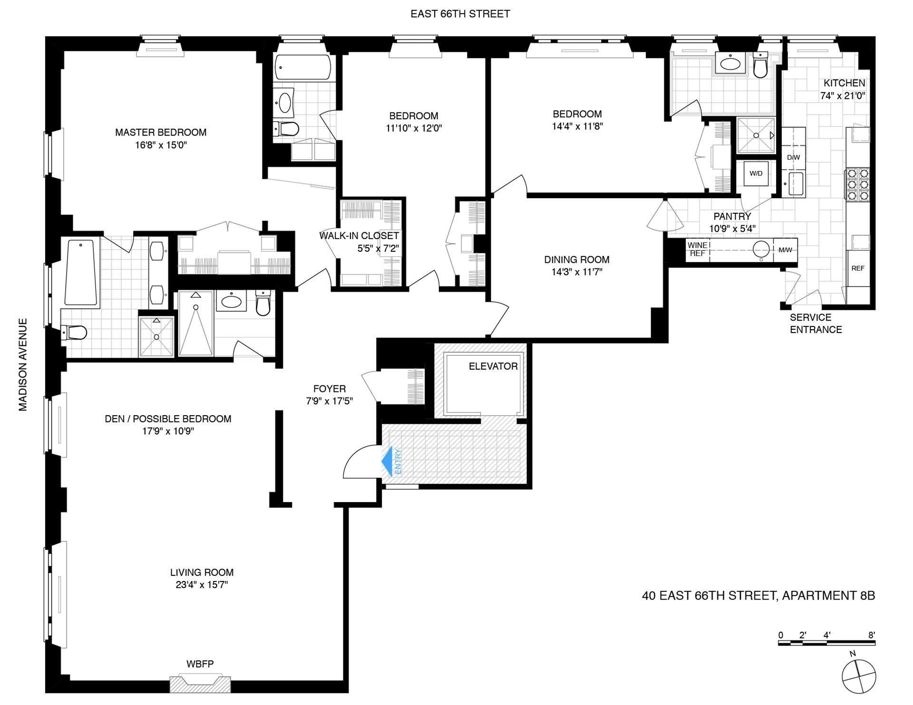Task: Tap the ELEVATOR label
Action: coord(493,366)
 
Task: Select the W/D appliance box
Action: coord(756,173)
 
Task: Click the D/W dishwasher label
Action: coord(793,157)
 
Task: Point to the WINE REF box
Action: coord(698,249)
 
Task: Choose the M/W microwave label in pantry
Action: coord(785,250)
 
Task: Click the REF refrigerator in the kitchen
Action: coord(858,268)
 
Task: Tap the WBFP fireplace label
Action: coord(200,664)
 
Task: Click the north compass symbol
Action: coord(858,676)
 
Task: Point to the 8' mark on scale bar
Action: coord(871,635)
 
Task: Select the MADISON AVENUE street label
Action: coord(23,364)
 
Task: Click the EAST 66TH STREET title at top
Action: coord(460,14)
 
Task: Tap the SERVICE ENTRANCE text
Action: coord(816,324)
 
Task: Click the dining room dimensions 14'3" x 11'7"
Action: coord(576,272)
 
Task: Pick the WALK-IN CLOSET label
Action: coord(359,236)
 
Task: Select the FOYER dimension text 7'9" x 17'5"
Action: coord(329,401)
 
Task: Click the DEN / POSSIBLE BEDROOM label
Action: coord(168,419)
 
